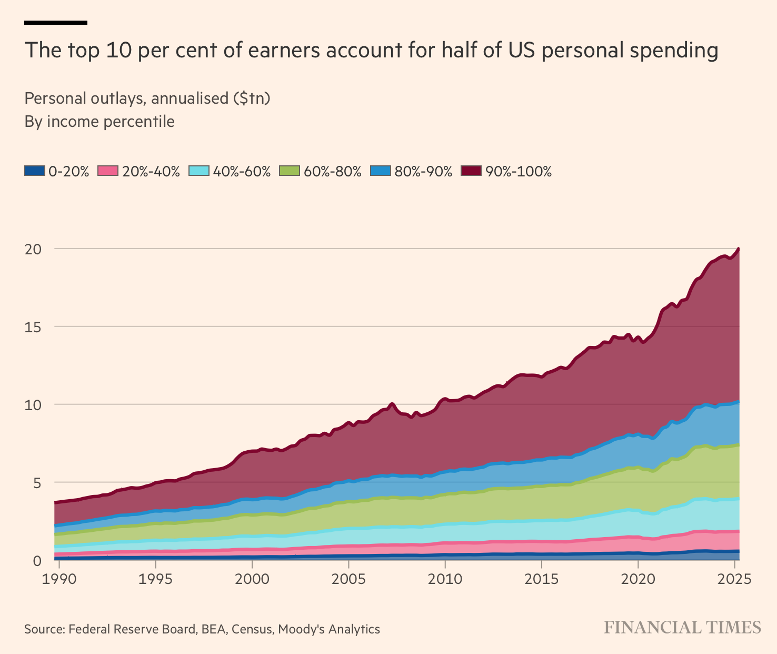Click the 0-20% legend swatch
[x=35, y=171]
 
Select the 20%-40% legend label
[x=151, y=171]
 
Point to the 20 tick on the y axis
[x=33, y=249]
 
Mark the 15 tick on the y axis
[x=33, y=326]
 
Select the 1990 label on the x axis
[x=58, y=579]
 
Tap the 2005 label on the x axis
[x=348, y=579]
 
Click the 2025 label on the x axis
[x=734, y=579]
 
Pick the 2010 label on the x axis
[x=445, y=579]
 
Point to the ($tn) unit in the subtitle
[x=252, y=98]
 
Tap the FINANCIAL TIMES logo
[x=682, y=628]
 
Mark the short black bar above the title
[x=56, y=23]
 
